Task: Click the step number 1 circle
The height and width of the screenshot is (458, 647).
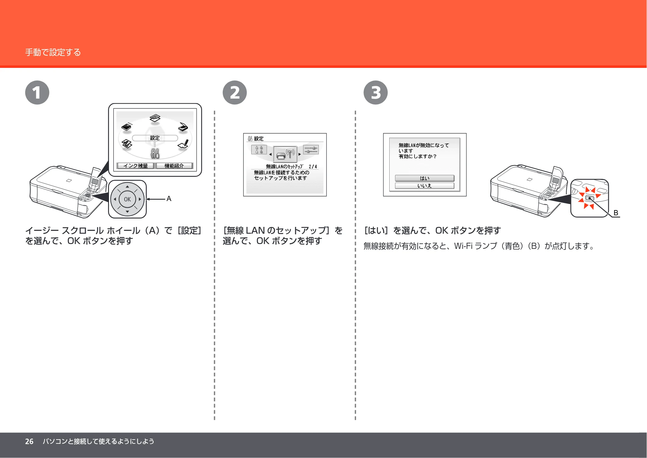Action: [x=37, y=92]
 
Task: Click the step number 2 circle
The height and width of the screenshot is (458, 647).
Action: [x=235, y=92]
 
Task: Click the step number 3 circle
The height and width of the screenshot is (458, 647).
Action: [x=376, y=92]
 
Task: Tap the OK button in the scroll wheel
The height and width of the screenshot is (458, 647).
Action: [x=127, y=199]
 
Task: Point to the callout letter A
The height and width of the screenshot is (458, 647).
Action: [x=169, y=199]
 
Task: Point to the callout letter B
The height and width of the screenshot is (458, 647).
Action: [x=616, y=213]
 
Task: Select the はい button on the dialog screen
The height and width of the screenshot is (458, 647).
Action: [x=425, y=178]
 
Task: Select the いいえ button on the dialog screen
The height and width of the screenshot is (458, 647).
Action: [x=425, y=186]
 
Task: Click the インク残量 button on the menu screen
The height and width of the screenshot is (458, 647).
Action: [x=135, y=166]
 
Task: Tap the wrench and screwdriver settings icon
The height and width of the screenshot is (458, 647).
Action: [x=155, y=154]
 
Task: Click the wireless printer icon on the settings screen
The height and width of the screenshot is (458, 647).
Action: [x=285, y=154]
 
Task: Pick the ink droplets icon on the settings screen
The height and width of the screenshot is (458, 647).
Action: [x=259, y=150]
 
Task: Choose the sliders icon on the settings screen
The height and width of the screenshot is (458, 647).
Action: [x=311, y=150]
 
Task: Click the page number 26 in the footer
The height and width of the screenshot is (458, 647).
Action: [x=29, y=442]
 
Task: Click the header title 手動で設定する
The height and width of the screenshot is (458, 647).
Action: [x=53, y=52]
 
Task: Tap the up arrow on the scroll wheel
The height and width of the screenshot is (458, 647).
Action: [x=127, y=186]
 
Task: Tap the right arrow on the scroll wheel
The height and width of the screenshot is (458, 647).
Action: [x=140, y=199]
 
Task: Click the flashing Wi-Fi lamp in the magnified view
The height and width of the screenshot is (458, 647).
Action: [x=590, y=198]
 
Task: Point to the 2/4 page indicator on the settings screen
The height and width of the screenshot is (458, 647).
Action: [x=313, y=166]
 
